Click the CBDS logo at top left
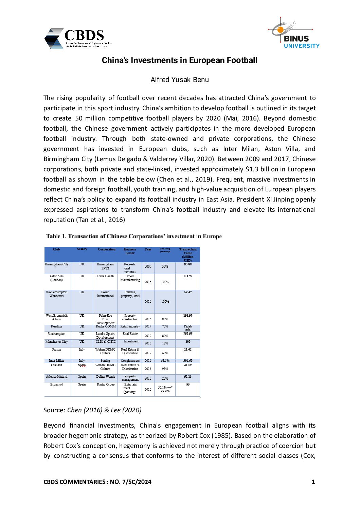[78, 39]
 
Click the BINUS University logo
[296, 34]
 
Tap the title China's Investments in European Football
[180, 60]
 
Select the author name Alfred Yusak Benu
[180, 80]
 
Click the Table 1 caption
[134, 236]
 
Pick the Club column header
[56, 249]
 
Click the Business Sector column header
[130, 251]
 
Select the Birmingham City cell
[57, 264]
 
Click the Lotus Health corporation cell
[105, 276]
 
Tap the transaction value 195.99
[188, 316]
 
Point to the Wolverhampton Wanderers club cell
[57, 294]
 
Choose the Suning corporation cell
[105, 361]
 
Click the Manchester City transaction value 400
[188, 342]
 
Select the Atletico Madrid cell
[57, 377]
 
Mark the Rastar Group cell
[106, 384]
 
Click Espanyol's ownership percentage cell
[165, 389]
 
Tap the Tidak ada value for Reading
[188, 328]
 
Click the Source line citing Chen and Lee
[92, 410]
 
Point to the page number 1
[313, 482]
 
